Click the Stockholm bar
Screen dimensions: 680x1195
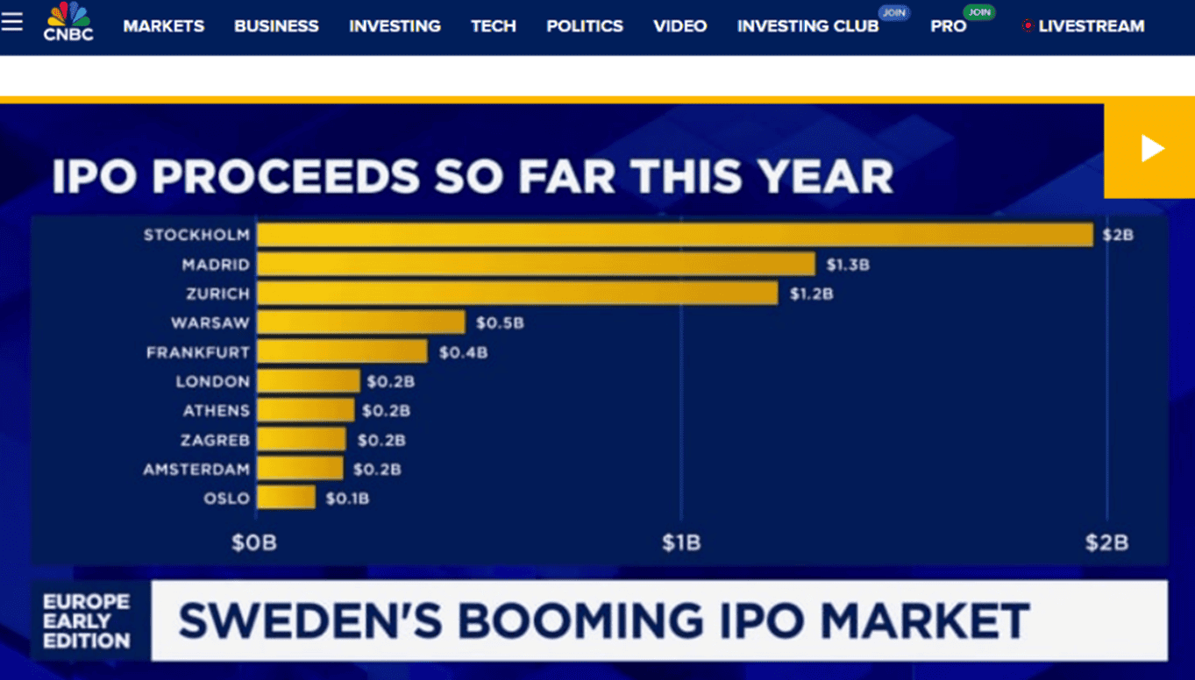point(674,235)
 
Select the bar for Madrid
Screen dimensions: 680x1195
point(536,264)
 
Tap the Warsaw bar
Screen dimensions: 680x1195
point(360,322)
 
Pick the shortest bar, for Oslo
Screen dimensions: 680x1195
point(286,498)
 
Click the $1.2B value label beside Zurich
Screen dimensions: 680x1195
point(811,294)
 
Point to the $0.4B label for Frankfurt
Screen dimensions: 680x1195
point(463,352)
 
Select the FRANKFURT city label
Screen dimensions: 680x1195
point(198,352)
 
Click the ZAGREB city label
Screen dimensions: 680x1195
point(215,440)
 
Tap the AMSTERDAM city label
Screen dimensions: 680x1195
point(196,469)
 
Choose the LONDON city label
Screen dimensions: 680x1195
point(212,381)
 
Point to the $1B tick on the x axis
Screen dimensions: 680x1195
point(681,543)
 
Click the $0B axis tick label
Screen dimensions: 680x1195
point(254,543)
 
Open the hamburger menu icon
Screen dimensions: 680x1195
point(12,21)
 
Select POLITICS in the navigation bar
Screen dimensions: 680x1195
point(585,26)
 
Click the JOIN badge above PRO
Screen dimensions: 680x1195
point(978,12)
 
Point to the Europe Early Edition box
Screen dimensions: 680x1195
point(87,620)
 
